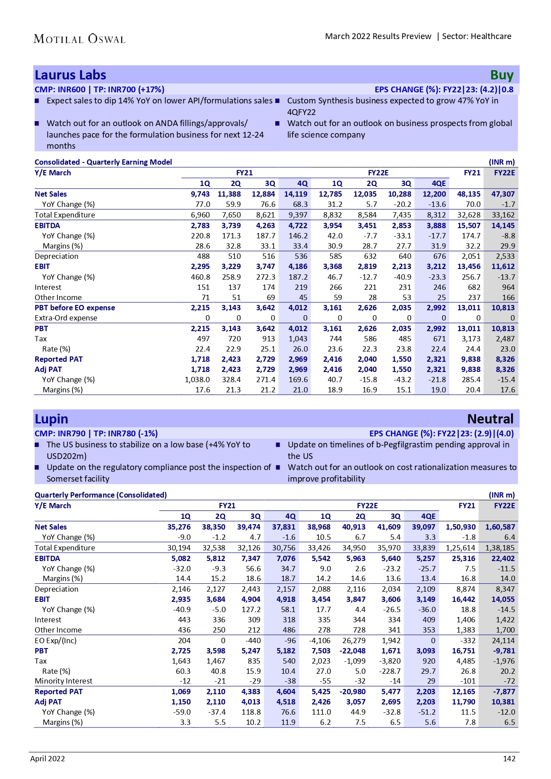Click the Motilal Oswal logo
79,39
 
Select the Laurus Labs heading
71,75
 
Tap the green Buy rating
502,75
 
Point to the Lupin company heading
52,419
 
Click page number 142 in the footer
509,759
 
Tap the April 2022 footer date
48,759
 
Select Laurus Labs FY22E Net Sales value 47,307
503,194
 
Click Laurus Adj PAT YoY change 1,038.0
197,380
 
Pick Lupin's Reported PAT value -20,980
353,692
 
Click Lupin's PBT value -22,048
353,651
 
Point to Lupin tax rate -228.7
389,671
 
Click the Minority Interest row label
63,681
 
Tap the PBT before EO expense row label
75,308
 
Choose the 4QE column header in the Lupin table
428,516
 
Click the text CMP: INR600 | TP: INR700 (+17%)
99,90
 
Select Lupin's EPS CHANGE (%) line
441,434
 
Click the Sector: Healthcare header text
477,36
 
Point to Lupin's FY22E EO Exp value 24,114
503,641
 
